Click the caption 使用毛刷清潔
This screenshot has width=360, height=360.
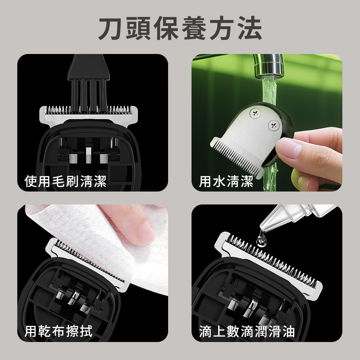point(65,181)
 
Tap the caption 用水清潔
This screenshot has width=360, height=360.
point(226,181)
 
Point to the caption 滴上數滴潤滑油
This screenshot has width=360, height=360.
point(247,330)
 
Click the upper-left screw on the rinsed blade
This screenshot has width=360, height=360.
point(255,113)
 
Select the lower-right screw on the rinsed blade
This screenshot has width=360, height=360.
point(273,125)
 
